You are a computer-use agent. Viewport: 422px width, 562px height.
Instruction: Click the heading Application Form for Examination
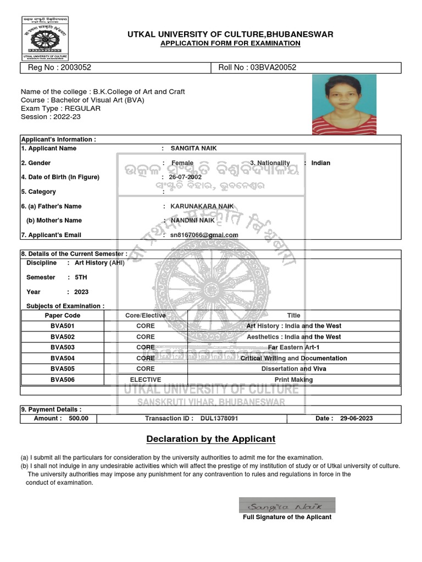[230, 44]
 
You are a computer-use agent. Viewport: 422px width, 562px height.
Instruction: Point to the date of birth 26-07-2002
[185, 177]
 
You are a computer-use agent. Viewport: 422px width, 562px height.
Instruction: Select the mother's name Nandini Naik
[192, 220]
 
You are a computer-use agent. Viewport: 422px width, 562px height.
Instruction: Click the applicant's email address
[204, 235]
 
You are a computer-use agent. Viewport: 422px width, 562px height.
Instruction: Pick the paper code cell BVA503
[62, 347]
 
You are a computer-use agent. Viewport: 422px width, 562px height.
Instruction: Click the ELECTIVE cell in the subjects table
[146, 380]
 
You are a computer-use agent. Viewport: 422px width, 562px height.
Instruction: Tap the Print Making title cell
[293, 380]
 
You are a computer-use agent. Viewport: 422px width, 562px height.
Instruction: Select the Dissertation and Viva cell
[293, 369]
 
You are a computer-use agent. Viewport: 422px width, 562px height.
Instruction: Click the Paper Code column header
[62, 316]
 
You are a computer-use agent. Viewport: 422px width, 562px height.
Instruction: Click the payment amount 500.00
[78, 418]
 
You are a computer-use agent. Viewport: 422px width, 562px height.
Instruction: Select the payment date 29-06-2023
[356, 418]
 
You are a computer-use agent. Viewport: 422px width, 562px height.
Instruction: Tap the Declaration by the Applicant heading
[210, 439]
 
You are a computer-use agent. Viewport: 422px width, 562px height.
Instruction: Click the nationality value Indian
[320, 163]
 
